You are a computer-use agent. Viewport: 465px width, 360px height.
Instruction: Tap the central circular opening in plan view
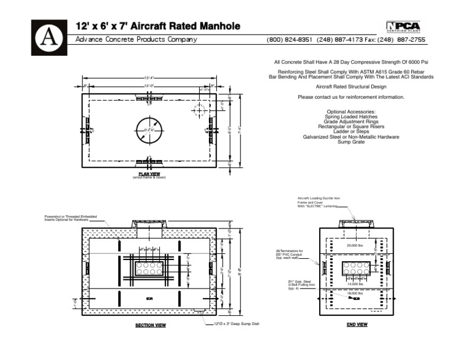(x=148, y=129)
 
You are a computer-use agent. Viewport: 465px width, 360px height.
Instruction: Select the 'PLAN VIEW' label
(x=149, y=174)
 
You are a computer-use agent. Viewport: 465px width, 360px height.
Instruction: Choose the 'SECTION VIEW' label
(x=150, y=325)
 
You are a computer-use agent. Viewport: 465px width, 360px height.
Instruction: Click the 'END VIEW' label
(x=357, y=324)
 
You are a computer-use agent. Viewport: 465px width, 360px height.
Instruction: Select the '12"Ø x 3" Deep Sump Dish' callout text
(x=237, y=324)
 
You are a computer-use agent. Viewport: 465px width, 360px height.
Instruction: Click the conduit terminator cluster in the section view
(x=148, y=268)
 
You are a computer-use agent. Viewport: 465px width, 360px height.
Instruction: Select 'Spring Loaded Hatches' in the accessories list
(x=351, y=116)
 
